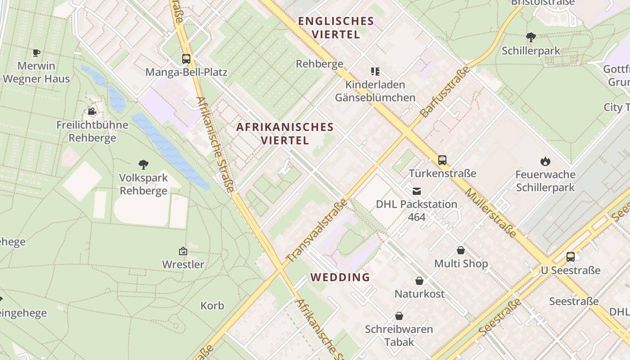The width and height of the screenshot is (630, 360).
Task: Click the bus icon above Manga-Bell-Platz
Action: click(x=186, y=58)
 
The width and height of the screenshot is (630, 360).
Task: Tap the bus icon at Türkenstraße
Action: click(x=442, y=160)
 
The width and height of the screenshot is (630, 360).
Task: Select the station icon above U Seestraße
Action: click(x=571, y=257)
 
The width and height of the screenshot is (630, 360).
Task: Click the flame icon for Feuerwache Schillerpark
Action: click(x=545, y=161)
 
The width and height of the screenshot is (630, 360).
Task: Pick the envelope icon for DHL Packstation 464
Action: click(x=417, y=191)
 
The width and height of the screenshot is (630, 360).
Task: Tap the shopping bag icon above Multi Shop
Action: click(x=461, y=250)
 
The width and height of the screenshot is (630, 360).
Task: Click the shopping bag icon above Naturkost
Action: click(x=419, y=281)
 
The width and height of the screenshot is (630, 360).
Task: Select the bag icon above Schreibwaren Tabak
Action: click(x=399, y=316)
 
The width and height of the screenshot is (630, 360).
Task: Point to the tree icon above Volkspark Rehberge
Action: click(x=144, y=165)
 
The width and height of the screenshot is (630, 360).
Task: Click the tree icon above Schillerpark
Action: click(x=531, y=37)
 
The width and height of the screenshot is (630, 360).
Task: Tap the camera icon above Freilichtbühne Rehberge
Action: click(x=92, y=111)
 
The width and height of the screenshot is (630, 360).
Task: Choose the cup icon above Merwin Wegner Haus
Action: click(x=36, y=53)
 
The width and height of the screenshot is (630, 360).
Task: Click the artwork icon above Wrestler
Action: click(x=183, y=251)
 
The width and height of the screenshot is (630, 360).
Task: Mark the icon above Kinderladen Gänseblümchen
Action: click(x=375, y=71)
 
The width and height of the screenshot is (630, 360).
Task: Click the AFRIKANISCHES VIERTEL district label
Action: click(x=285, y=134)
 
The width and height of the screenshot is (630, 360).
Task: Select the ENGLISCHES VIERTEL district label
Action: click(x=336, y=27)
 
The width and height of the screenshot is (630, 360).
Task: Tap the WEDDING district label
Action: click(x=340, y=277)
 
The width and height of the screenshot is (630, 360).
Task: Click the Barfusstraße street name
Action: click(x=445, y=92)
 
